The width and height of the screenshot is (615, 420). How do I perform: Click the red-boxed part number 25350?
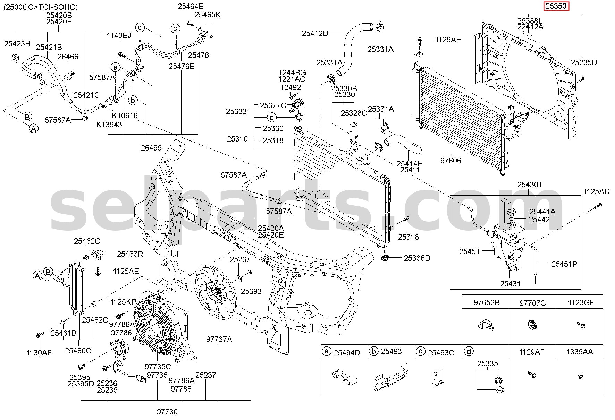click(556, 6)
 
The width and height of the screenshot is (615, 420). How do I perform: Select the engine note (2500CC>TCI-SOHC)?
click(41, 7)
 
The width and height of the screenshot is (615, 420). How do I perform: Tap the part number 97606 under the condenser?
click(451, 161)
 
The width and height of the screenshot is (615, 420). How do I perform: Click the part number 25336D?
click(416, 258)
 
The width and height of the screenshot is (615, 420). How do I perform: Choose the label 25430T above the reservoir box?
click(530, 185)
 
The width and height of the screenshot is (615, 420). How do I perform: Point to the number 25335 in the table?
click(487, 363)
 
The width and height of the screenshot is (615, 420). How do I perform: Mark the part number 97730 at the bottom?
click(167, 412)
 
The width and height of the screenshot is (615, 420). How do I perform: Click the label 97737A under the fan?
click(219, 339)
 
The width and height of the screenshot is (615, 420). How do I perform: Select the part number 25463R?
click(130, 254)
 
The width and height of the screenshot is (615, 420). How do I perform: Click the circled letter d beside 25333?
click(272, 117)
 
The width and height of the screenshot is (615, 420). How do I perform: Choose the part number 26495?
click(151, 148)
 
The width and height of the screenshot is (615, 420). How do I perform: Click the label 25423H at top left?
click(17, 44)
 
